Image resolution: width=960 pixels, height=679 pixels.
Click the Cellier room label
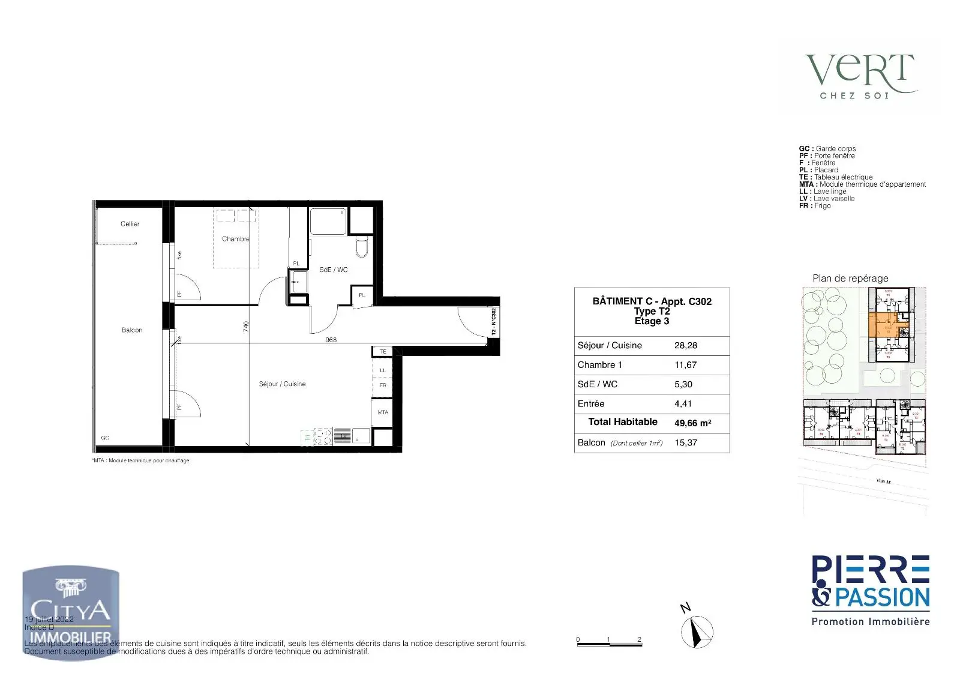(130, 224)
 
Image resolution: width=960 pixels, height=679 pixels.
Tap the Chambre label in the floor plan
(235, 239)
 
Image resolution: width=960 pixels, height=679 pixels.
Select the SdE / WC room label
(333, 270)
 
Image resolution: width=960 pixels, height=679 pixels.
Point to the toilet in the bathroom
(361, 247)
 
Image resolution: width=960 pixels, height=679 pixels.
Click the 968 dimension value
(331, 340)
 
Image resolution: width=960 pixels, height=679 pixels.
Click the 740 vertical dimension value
(246, 326)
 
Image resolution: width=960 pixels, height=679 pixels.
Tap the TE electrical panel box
(382, 351)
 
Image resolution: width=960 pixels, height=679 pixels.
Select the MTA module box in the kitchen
(382, 412)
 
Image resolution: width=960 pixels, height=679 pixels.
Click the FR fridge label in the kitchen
(382, 385)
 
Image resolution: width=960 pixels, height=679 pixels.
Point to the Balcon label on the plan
(132, 330)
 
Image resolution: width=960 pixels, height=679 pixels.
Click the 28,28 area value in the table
(686, 346)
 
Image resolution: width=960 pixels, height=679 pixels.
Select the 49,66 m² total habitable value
(692, 423)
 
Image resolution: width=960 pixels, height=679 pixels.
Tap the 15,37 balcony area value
(686, 442)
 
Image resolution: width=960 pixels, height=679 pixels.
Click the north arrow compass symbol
(697, 632)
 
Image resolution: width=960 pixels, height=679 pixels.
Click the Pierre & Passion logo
(870, 590)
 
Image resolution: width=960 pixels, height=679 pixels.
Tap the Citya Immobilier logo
(71, 614)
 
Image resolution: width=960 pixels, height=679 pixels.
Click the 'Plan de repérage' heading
(850, 279)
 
